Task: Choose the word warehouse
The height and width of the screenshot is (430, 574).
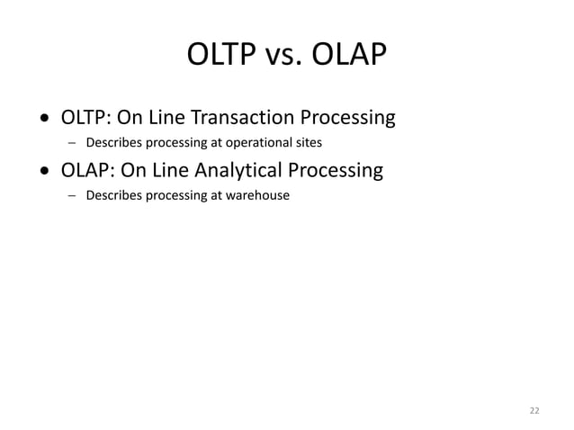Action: coord(258,195)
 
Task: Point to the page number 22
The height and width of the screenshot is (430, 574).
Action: coord(534,410)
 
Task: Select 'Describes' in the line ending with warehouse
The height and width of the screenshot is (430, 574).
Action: coord(112,195)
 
